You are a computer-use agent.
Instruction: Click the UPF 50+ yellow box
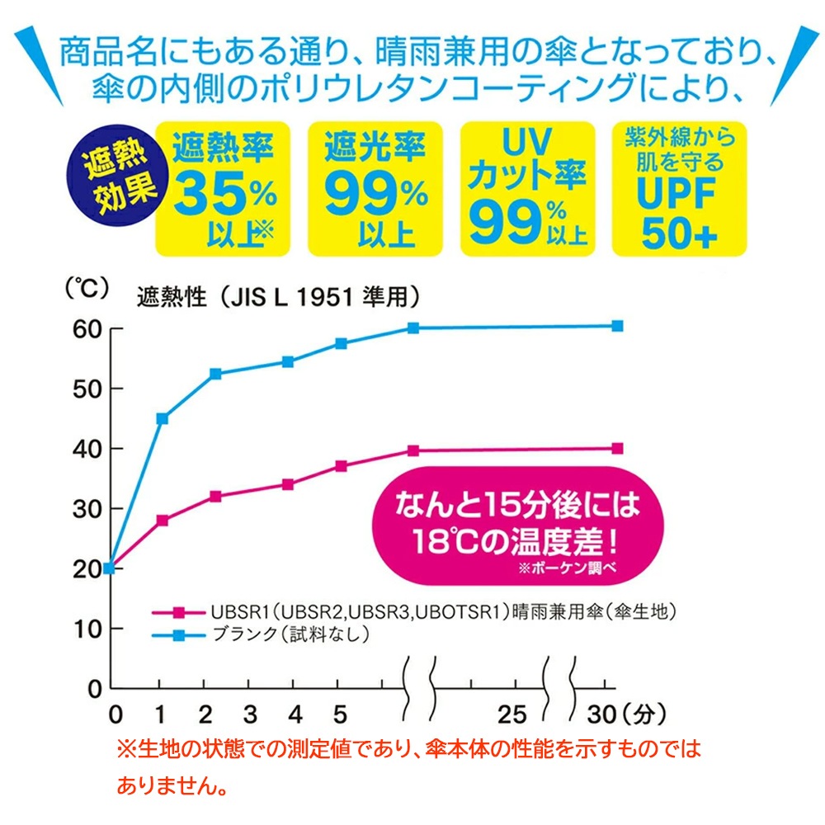pos(679,189)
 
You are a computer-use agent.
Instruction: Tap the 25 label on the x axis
pos(512,712)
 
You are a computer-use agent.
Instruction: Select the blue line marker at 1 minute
pos(163,418)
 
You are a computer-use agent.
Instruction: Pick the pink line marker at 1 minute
pos(163,521)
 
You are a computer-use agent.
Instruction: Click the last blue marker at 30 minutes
pos(617,326)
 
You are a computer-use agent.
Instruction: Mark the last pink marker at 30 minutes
pos(617,449)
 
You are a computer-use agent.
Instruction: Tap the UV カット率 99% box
pos(527,189)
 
